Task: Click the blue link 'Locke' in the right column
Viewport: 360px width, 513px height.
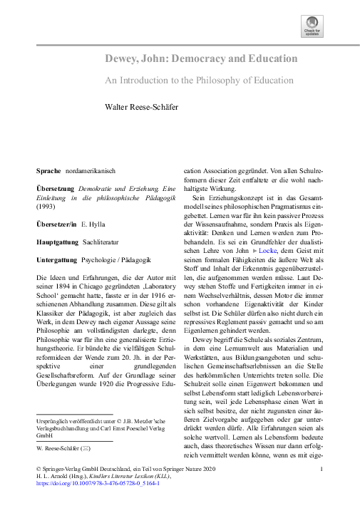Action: [267, 252]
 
